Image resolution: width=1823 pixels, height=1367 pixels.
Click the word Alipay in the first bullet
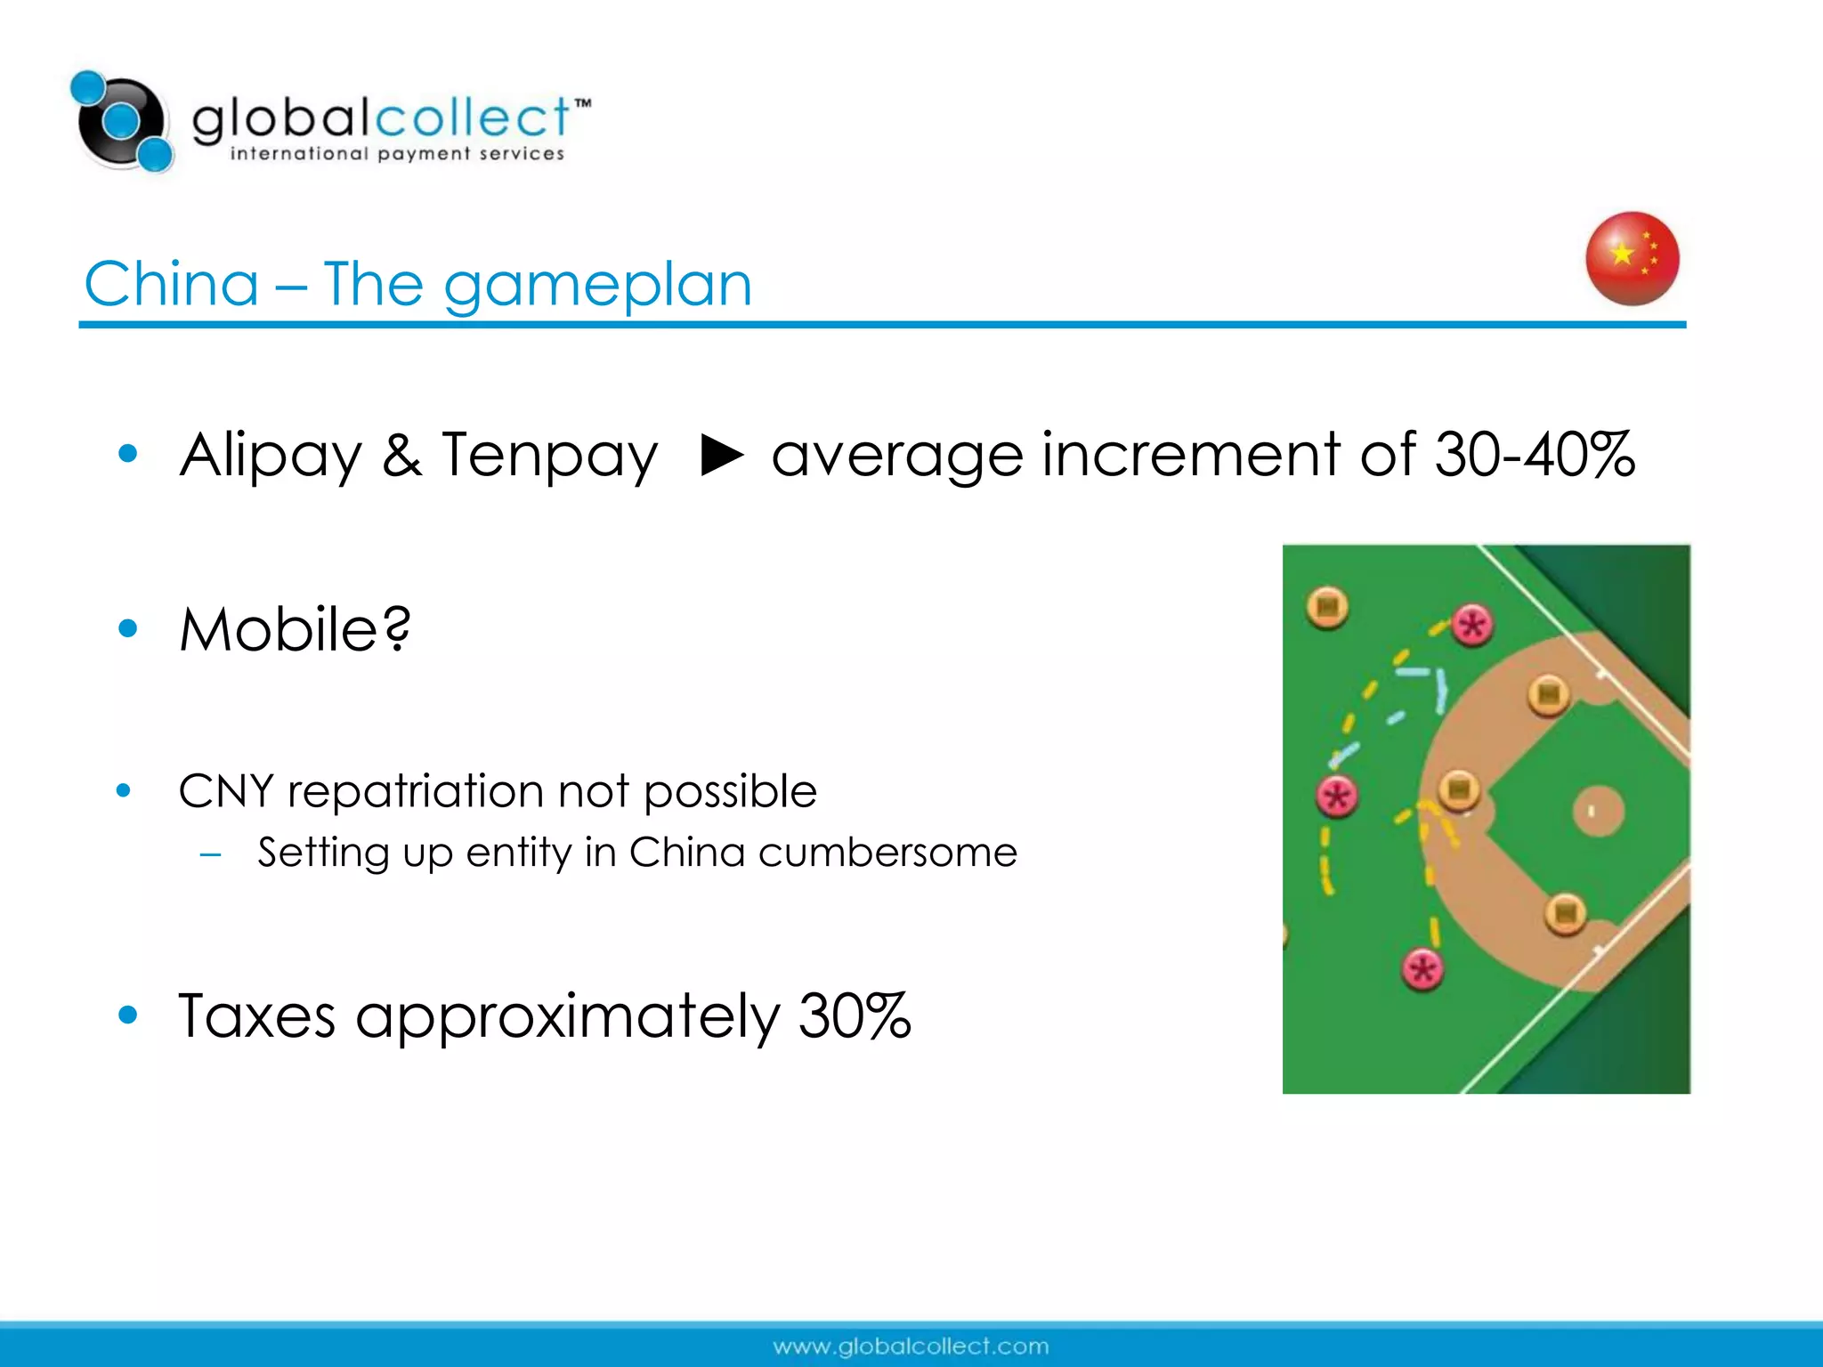pyautogui.click(x=271, y=456)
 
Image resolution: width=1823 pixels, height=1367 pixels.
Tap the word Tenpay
pyautogui.click(x=549, y=456)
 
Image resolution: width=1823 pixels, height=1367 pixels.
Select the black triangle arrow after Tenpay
pyautogui.click(x=721, y=455)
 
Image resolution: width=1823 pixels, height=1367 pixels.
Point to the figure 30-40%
pyautogui.click(x=1535, y=455)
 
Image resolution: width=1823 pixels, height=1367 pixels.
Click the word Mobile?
pyautogui.click(x=295, y=629)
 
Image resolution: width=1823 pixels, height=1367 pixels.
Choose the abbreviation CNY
pyautogui.click(x=225, y=791)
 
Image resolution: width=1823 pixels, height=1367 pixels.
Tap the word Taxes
pyautogui.click(x=256, y=1015)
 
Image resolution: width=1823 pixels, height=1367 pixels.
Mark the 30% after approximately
pyautogui.click(x=855, y=1015)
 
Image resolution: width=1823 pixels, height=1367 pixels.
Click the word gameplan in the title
pyautogui.click(x=597, y=286)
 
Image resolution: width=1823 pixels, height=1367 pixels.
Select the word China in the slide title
pyautogui.click(x=172, y=284)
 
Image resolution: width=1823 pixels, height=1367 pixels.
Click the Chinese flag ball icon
pyautogui.click(x=1632, y=259)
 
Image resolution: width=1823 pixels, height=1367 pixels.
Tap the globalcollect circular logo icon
pyautogui.click(x=122, y=122)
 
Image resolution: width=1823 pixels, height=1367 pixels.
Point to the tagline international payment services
pyautogui.click(x=397, y=154)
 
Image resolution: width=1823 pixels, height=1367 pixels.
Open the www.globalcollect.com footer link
pyautogui.click(x=911, y=1347)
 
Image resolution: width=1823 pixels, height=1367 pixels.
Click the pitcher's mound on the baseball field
pyautogui.click(x=1598, y=811)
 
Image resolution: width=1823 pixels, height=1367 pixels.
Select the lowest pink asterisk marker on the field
pyautogui.click(x=1422, y=969)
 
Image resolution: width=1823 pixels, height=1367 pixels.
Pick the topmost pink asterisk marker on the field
pyautogui.click(x=1472, y=626)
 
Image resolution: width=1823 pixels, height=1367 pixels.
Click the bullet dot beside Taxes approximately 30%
pyautogui.click(x=128, y=1015)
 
